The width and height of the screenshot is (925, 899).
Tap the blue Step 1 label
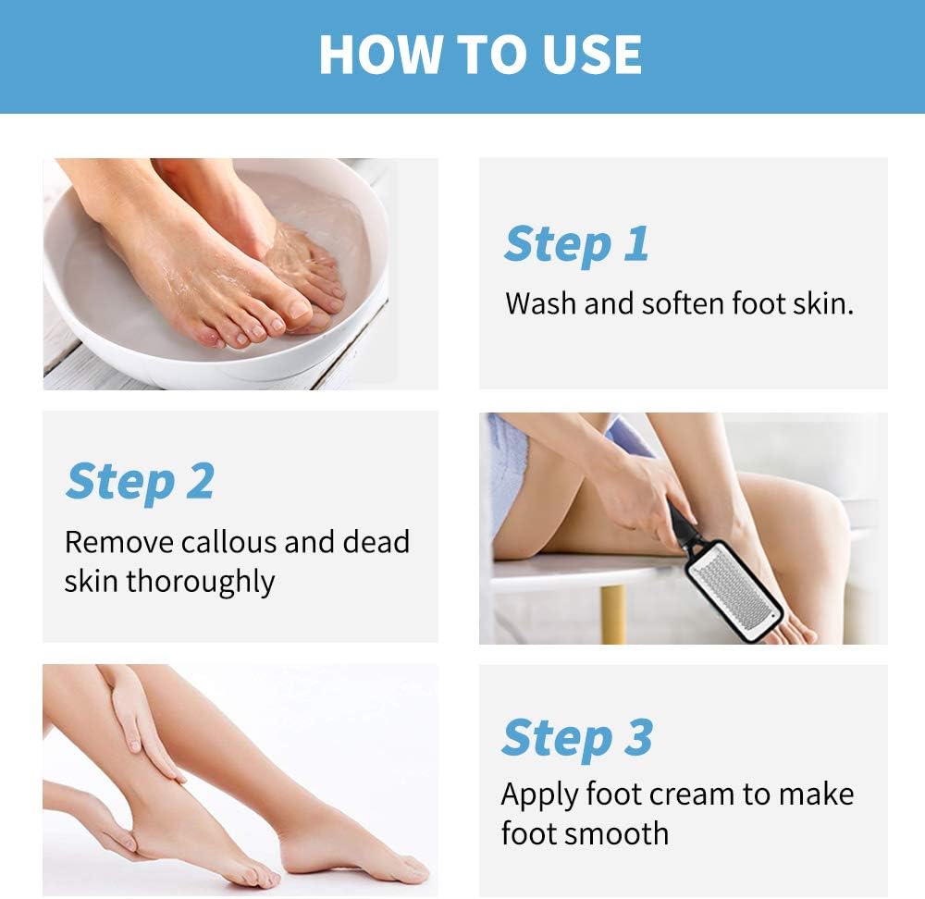[x=575, y=244]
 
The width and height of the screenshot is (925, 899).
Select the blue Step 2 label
[x=140, y=481]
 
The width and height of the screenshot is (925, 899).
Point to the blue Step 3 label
[x=577, y=737]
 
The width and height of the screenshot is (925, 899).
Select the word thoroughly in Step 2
[x=200, y=582]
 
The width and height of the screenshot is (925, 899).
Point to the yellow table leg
[x=612, y=615]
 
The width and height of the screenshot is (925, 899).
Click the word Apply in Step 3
[x=539, y=794]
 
